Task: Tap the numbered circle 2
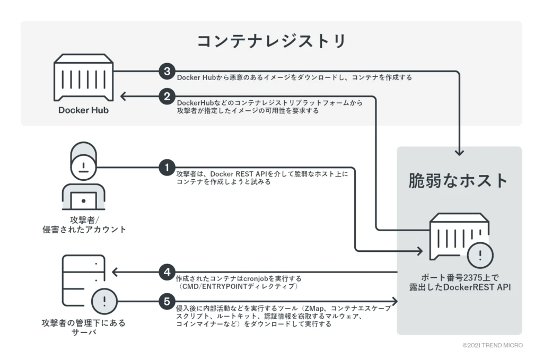coord(167,96)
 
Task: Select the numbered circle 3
coord(167,71)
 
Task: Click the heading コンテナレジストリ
coord(271,41)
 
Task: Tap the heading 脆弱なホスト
coord(459,181)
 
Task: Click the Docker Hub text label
coord(83,111)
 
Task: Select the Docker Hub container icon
coord(84,78)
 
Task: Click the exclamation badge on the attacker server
coord(104,302)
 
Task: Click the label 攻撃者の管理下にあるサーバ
coord(83,328)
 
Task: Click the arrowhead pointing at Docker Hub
coord(123,96)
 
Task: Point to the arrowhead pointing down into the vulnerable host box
coord(460,152)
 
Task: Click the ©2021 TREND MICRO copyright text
coord(493,345)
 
